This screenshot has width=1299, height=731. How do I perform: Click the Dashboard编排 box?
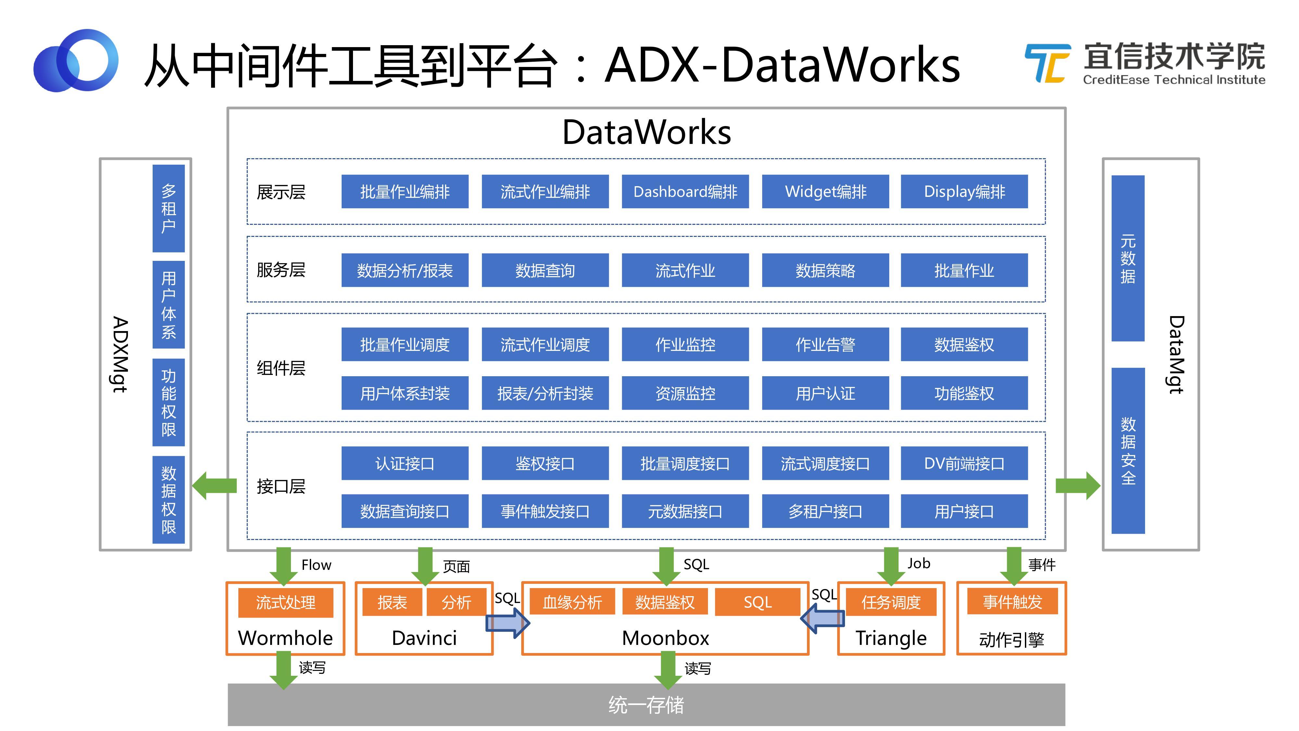tap(685, 192)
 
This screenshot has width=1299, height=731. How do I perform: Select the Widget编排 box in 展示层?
tap(825, 192)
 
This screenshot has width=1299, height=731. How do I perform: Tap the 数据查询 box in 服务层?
tap(545, 270)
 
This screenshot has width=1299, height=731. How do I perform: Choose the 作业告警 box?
tap(825, 345)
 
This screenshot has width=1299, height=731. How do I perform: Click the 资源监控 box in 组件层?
tap(685, 393)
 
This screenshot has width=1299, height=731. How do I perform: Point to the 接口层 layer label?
tap(281, 486)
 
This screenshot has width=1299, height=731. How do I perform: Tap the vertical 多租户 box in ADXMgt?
tap(169, 208)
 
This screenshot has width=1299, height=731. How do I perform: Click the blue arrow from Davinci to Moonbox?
tap(507, 623)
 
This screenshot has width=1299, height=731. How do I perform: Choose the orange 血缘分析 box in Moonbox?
tap(572, 602)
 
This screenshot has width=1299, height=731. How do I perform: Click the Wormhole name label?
tap(285, 638)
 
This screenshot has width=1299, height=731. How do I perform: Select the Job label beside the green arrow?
tap(919, 563)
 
